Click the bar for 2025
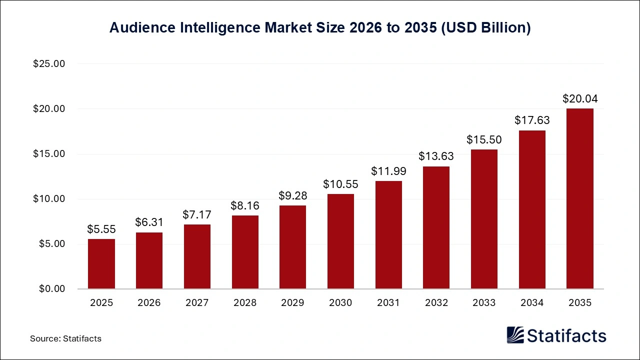(101, 264)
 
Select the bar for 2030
(340, 241)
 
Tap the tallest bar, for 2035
(580, 198)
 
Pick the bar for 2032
(436, 227)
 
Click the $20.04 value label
(580, 98)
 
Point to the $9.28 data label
(292, 195)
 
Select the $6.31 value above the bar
(149, 222)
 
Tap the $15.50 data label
(484, 139)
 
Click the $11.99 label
(388, 171)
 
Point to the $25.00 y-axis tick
(49, 64)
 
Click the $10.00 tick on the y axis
(49, 199)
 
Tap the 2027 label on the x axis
(197, 302)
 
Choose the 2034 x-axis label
(532, 302)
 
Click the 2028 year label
(245, 302)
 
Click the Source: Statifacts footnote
(65, 338)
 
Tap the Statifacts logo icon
(515, 335)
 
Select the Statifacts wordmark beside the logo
(566, 335)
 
